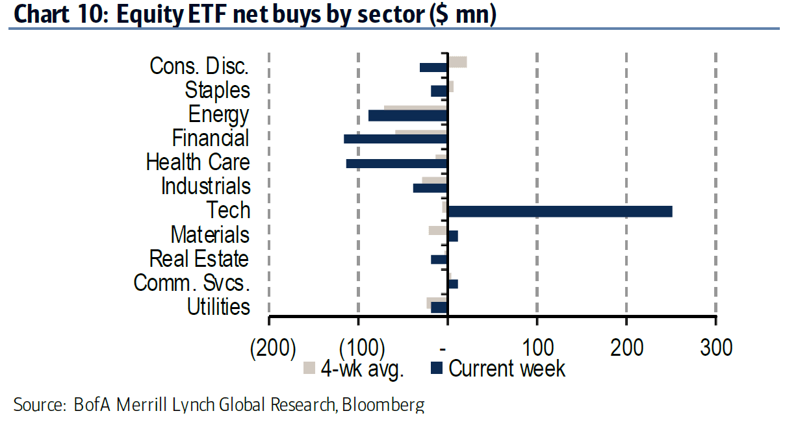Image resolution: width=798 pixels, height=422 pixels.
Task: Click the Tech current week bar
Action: (560, 212)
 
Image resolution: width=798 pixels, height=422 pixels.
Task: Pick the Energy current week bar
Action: (407, 116)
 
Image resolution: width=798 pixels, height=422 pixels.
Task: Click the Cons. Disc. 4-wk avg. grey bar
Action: (457, 62)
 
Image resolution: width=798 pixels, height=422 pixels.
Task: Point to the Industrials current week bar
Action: (430, 188)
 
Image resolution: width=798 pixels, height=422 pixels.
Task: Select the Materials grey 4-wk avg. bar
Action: (437, 230)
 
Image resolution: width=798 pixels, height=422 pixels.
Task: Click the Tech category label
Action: (228, 210)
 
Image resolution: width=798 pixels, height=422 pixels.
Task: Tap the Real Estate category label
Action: (199, 258)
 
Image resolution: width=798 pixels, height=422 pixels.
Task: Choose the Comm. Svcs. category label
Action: (192, 283)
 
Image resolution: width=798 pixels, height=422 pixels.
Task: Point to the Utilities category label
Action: (218, 306)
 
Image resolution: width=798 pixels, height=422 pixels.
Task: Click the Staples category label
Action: (217, 90)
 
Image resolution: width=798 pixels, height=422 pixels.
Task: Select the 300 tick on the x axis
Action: (715, 347)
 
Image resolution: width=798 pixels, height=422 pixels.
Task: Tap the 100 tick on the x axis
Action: (536, 347)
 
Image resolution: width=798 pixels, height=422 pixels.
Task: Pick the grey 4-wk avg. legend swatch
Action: (309, 368)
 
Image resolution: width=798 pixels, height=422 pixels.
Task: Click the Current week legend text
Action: (507, 368)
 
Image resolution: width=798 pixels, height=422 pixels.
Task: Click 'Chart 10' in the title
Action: (57, 16)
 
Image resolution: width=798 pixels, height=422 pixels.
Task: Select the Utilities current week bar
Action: (439, 308)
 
